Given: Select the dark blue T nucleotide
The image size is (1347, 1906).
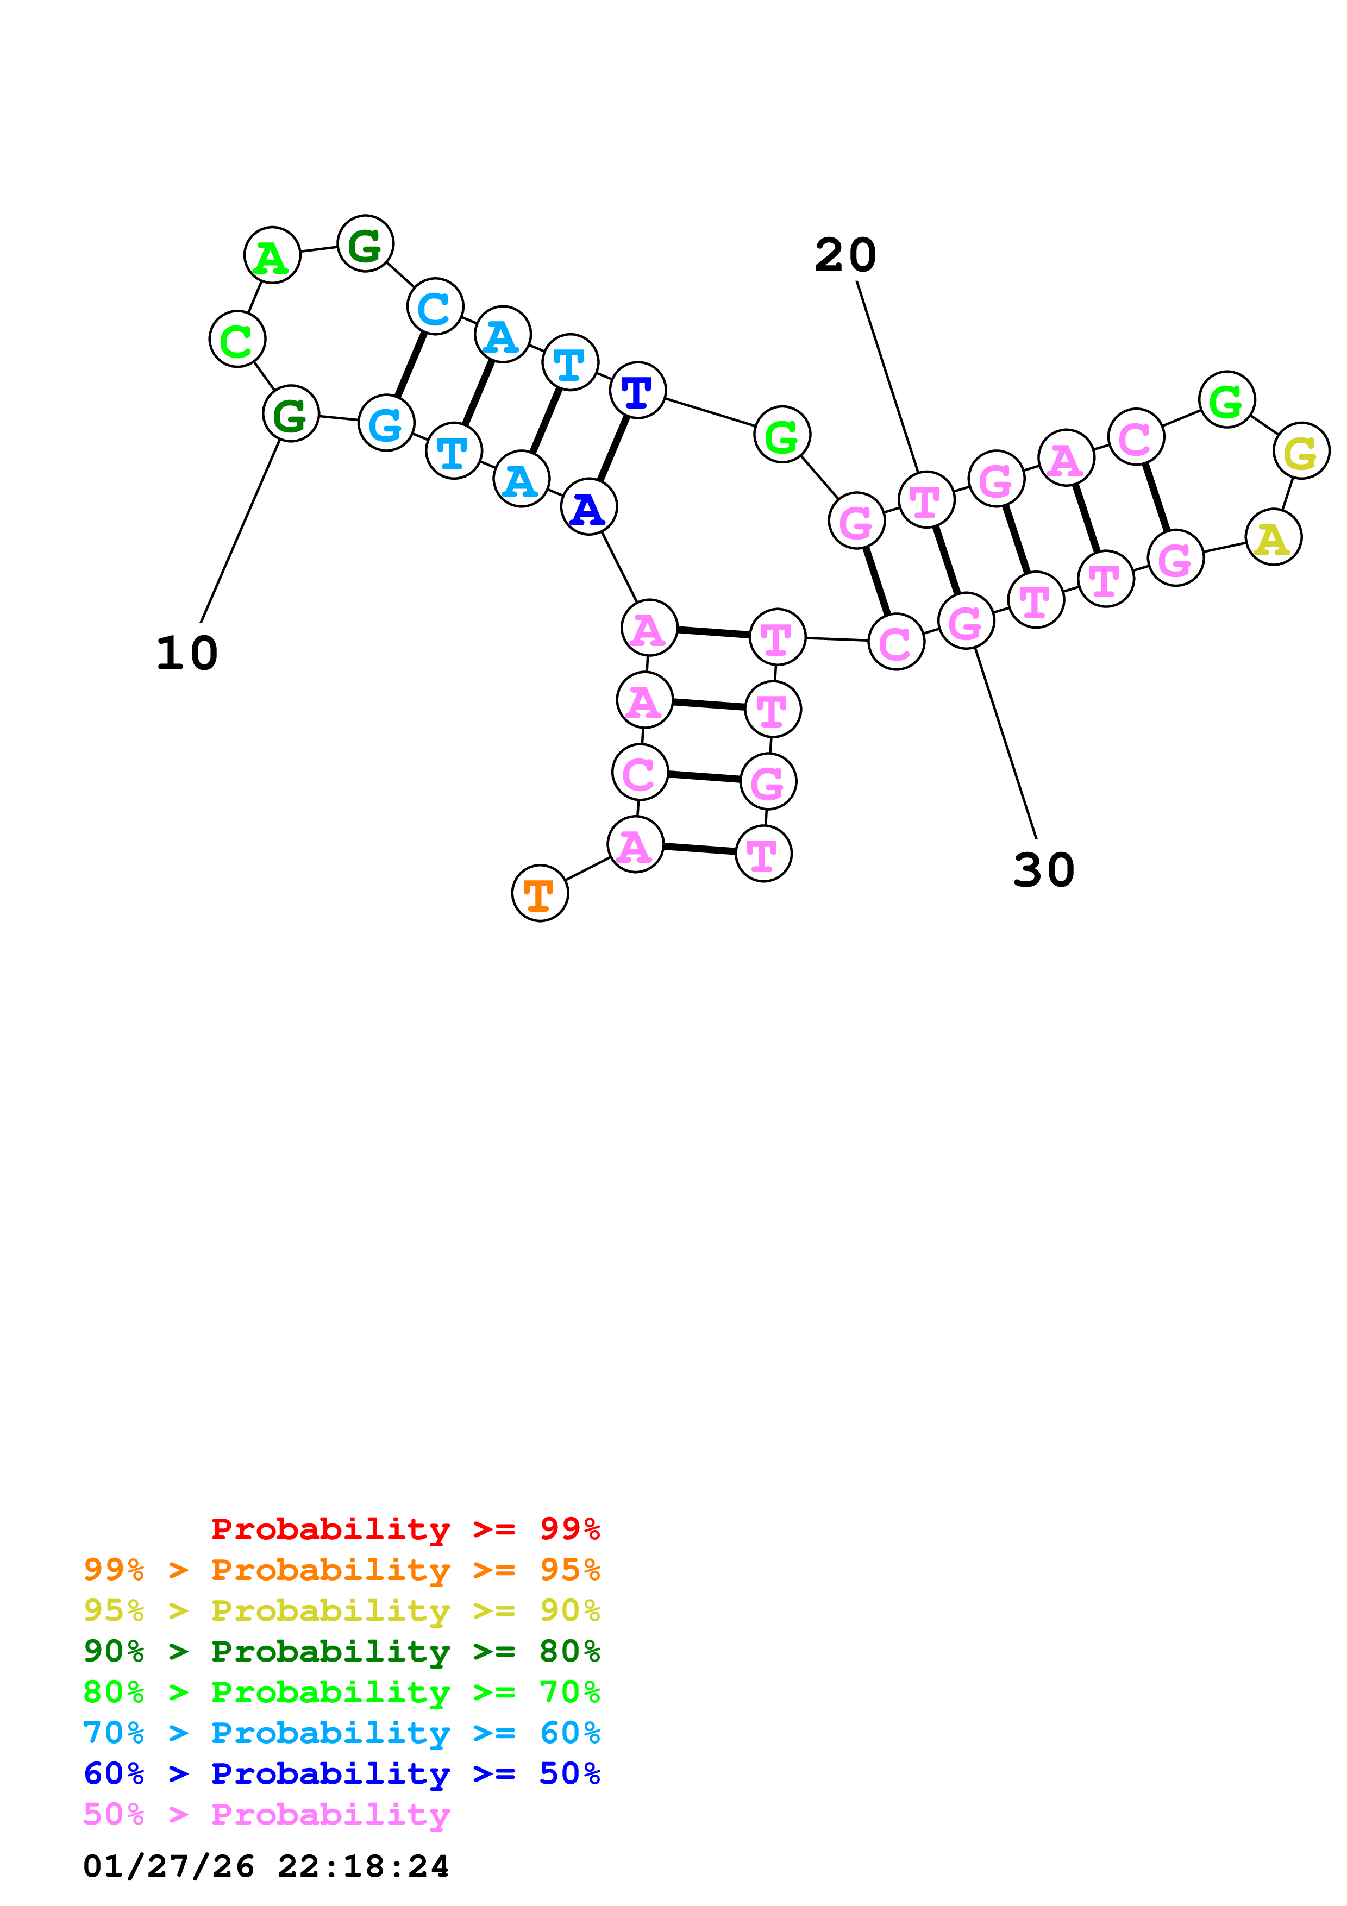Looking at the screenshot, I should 637,390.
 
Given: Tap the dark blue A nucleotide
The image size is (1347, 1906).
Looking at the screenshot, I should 588,507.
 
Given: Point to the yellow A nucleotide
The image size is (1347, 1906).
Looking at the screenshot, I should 1273,537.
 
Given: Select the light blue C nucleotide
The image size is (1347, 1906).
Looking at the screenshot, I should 435,306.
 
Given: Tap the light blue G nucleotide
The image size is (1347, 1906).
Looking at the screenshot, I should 386,423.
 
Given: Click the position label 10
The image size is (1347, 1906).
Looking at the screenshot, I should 187,653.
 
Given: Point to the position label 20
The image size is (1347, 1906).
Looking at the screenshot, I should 845,255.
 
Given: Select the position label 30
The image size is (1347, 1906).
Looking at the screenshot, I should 1043,870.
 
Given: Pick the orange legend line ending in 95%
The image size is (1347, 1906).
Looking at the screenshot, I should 341,1570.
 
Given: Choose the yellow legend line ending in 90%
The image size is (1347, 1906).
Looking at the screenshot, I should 341,1610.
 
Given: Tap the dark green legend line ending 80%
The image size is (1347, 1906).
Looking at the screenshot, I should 341,1651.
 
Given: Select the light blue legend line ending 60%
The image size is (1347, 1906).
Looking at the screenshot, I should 341,1733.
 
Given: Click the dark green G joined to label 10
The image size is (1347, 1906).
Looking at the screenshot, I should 291,413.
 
